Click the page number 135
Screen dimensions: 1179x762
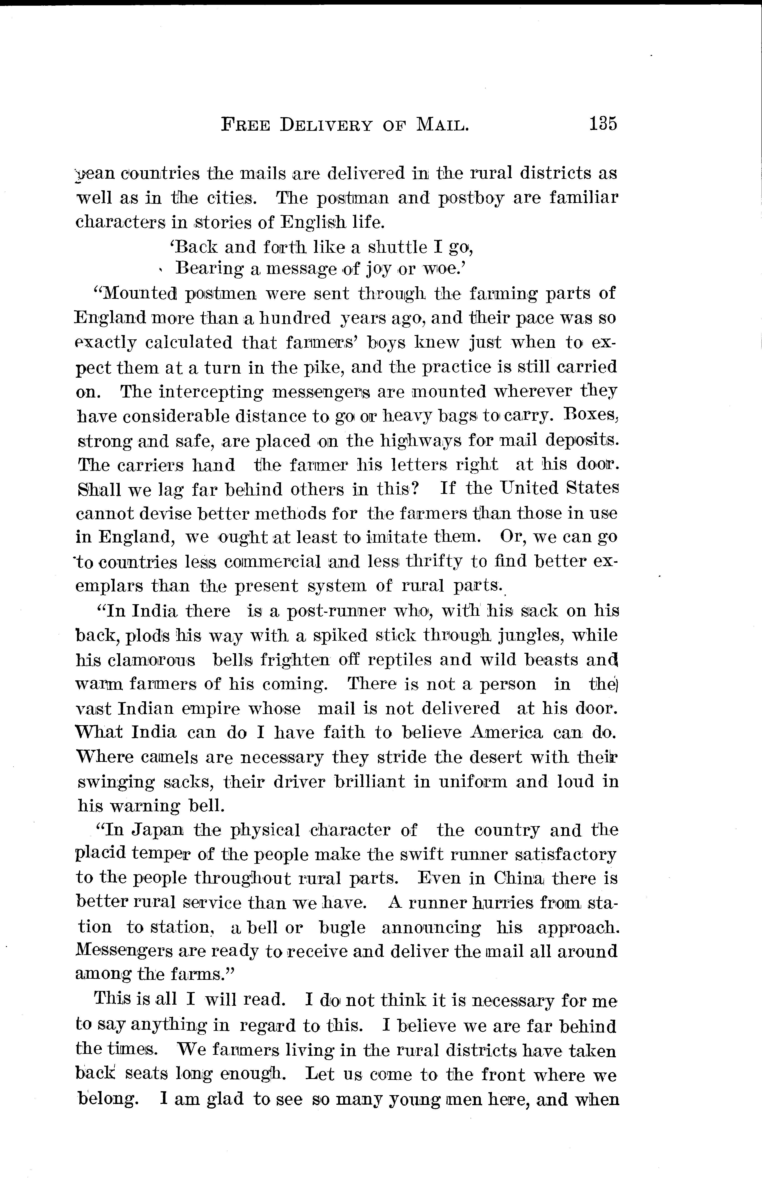(x=603, y=123)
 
